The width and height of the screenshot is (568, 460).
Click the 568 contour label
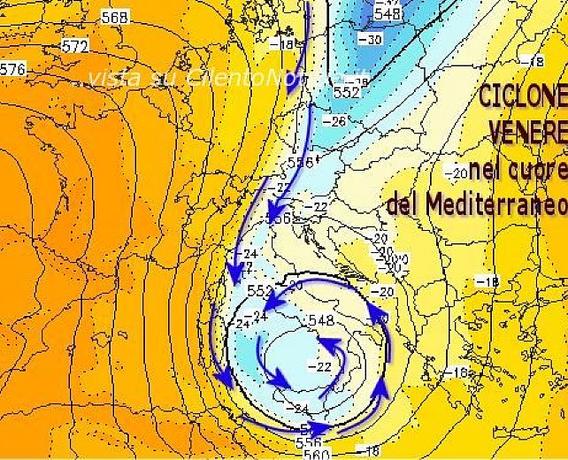[114, 17]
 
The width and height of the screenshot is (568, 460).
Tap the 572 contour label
[76, 46]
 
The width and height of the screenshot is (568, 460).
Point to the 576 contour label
[12, 69]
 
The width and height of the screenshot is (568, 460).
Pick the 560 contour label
[316, 454]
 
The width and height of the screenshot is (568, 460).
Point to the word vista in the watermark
[112, 78]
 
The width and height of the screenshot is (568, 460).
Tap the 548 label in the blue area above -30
[387, 13]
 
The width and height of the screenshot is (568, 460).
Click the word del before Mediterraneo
[403, 205]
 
